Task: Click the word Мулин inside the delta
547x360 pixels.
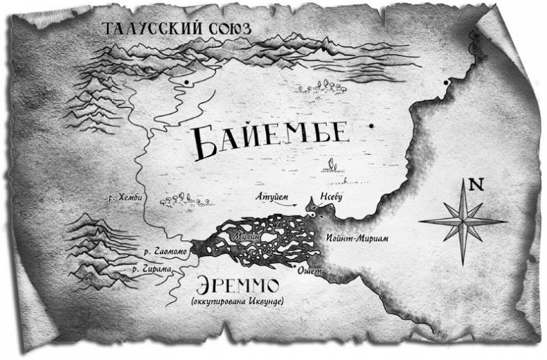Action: (251, 237)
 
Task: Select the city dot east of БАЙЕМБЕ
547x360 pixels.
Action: (372, 125)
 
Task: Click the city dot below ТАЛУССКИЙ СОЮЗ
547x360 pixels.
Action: (186, 82)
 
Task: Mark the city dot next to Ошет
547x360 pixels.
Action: (296, 265)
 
